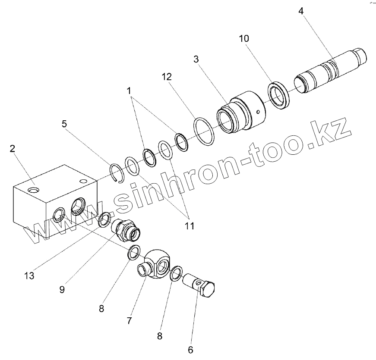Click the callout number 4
pos(300,10)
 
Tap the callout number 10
pos(244,38)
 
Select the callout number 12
pos(167,77)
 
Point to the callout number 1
pos(129,91)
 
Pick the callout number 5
pos(64,124)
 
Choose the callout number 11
pos(189,225)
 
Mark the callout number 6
pos(190,349)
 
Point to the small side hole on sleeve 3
pos(258,113)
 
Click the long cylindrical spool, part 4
pos(330,69)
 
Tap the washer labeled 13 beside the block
pos(104,219)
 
